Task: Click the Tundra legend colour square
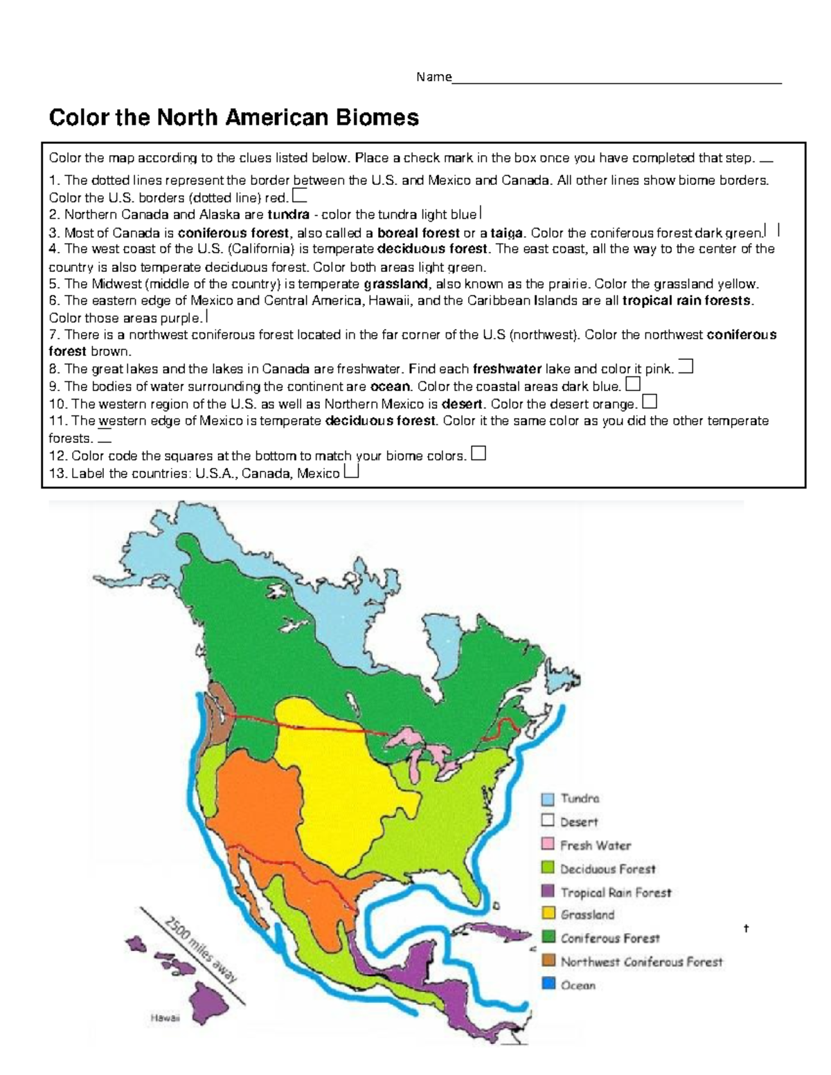pyautogui.click(x=548, y=799)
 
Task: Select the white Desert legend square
pyautogui.click(x=548, y=822)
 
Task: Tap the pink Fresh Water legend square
pyautogui.click(x=548, y=844)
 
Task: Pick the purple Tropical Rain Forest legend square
pyautogui.click(x=548, y=892)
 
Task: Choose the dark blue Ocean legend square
pyautogui.click(x=548, y=984)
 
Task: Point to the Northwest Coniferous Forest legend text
pyautogui.click(x=641, y=961)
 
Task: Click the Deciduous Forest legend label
pyautogui.click(x=607, y=869)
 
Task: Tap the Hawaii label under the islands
pyautogui.click(x=165, y=1018)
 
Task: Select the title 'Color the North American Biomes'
pyautogui.click(x=233, y=118)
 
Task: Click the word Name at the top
pyautogui.click(x=434, y=77)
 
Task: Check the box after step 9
pyautogui.click(x=632, y=384)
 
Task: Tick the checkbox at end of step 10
pyautogui.click(x=650, y=401)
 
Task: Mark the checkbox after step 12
pyautogui.click(x=478, y=453)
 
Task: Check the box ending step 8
pyautogui.click(x=686, y=367)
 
